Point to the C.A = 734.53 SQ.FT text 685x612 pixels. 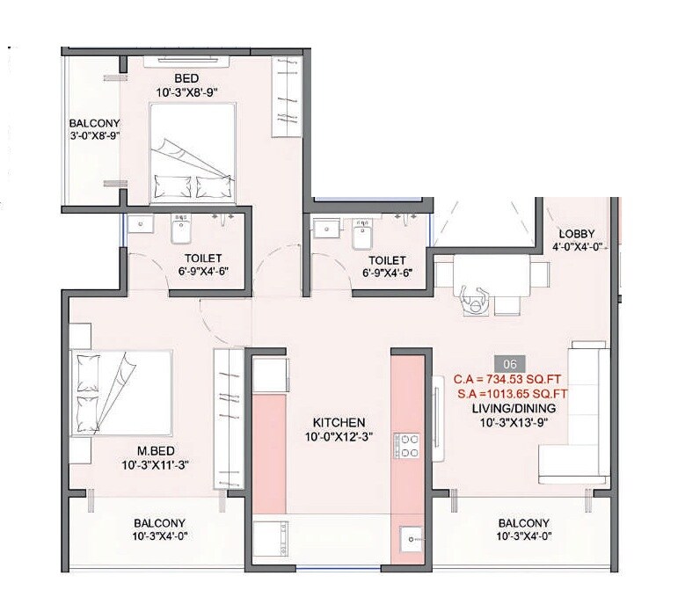pyautogui.click(x=507, y=380)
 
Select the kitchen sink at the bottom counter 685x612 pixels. pyautogui.click(x=409, y=539)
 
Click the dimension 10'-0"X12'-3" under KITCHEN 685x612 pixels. pyautogui.click(x=337, y=437)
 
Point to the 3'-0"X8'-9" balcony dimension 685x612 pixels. pyautogui.click(x=94, y=136)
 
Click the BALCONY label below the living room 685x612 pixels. pyautogui.click(x=523, y=522)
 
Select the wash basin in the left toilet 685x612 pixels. pyautogui.click(x=140, y=226)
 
